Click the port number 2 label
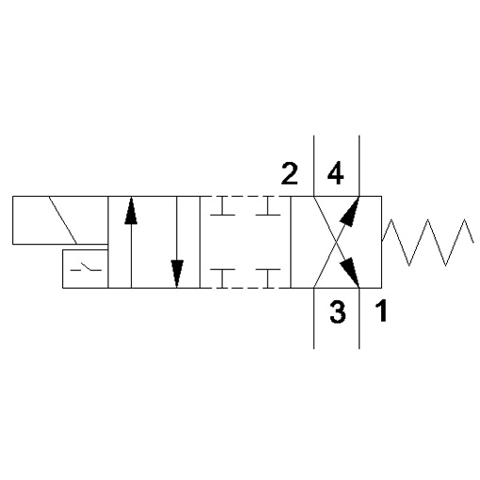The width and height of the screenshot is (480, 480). point(289,173)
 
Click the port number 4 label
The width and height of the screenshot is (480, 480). point(335,173)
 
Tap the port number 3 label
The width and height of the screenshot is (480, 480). point(338,312)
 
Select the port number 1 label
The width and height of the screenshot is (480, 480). point(381,311)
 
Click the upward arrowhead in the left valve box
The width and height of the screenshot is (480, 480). point(131,210)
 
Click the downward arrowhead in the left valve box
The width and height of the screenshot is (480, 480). point(177,274)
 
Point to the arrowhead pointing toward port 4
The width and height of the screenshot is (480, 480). point(350,211)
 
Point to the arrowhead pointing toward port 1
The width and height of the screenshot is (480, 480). point(350,272)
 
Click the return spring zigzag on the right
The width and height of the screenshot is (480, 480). point(427,242)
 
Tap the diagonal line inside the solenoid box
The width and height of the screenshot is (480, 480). point(63,220)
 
